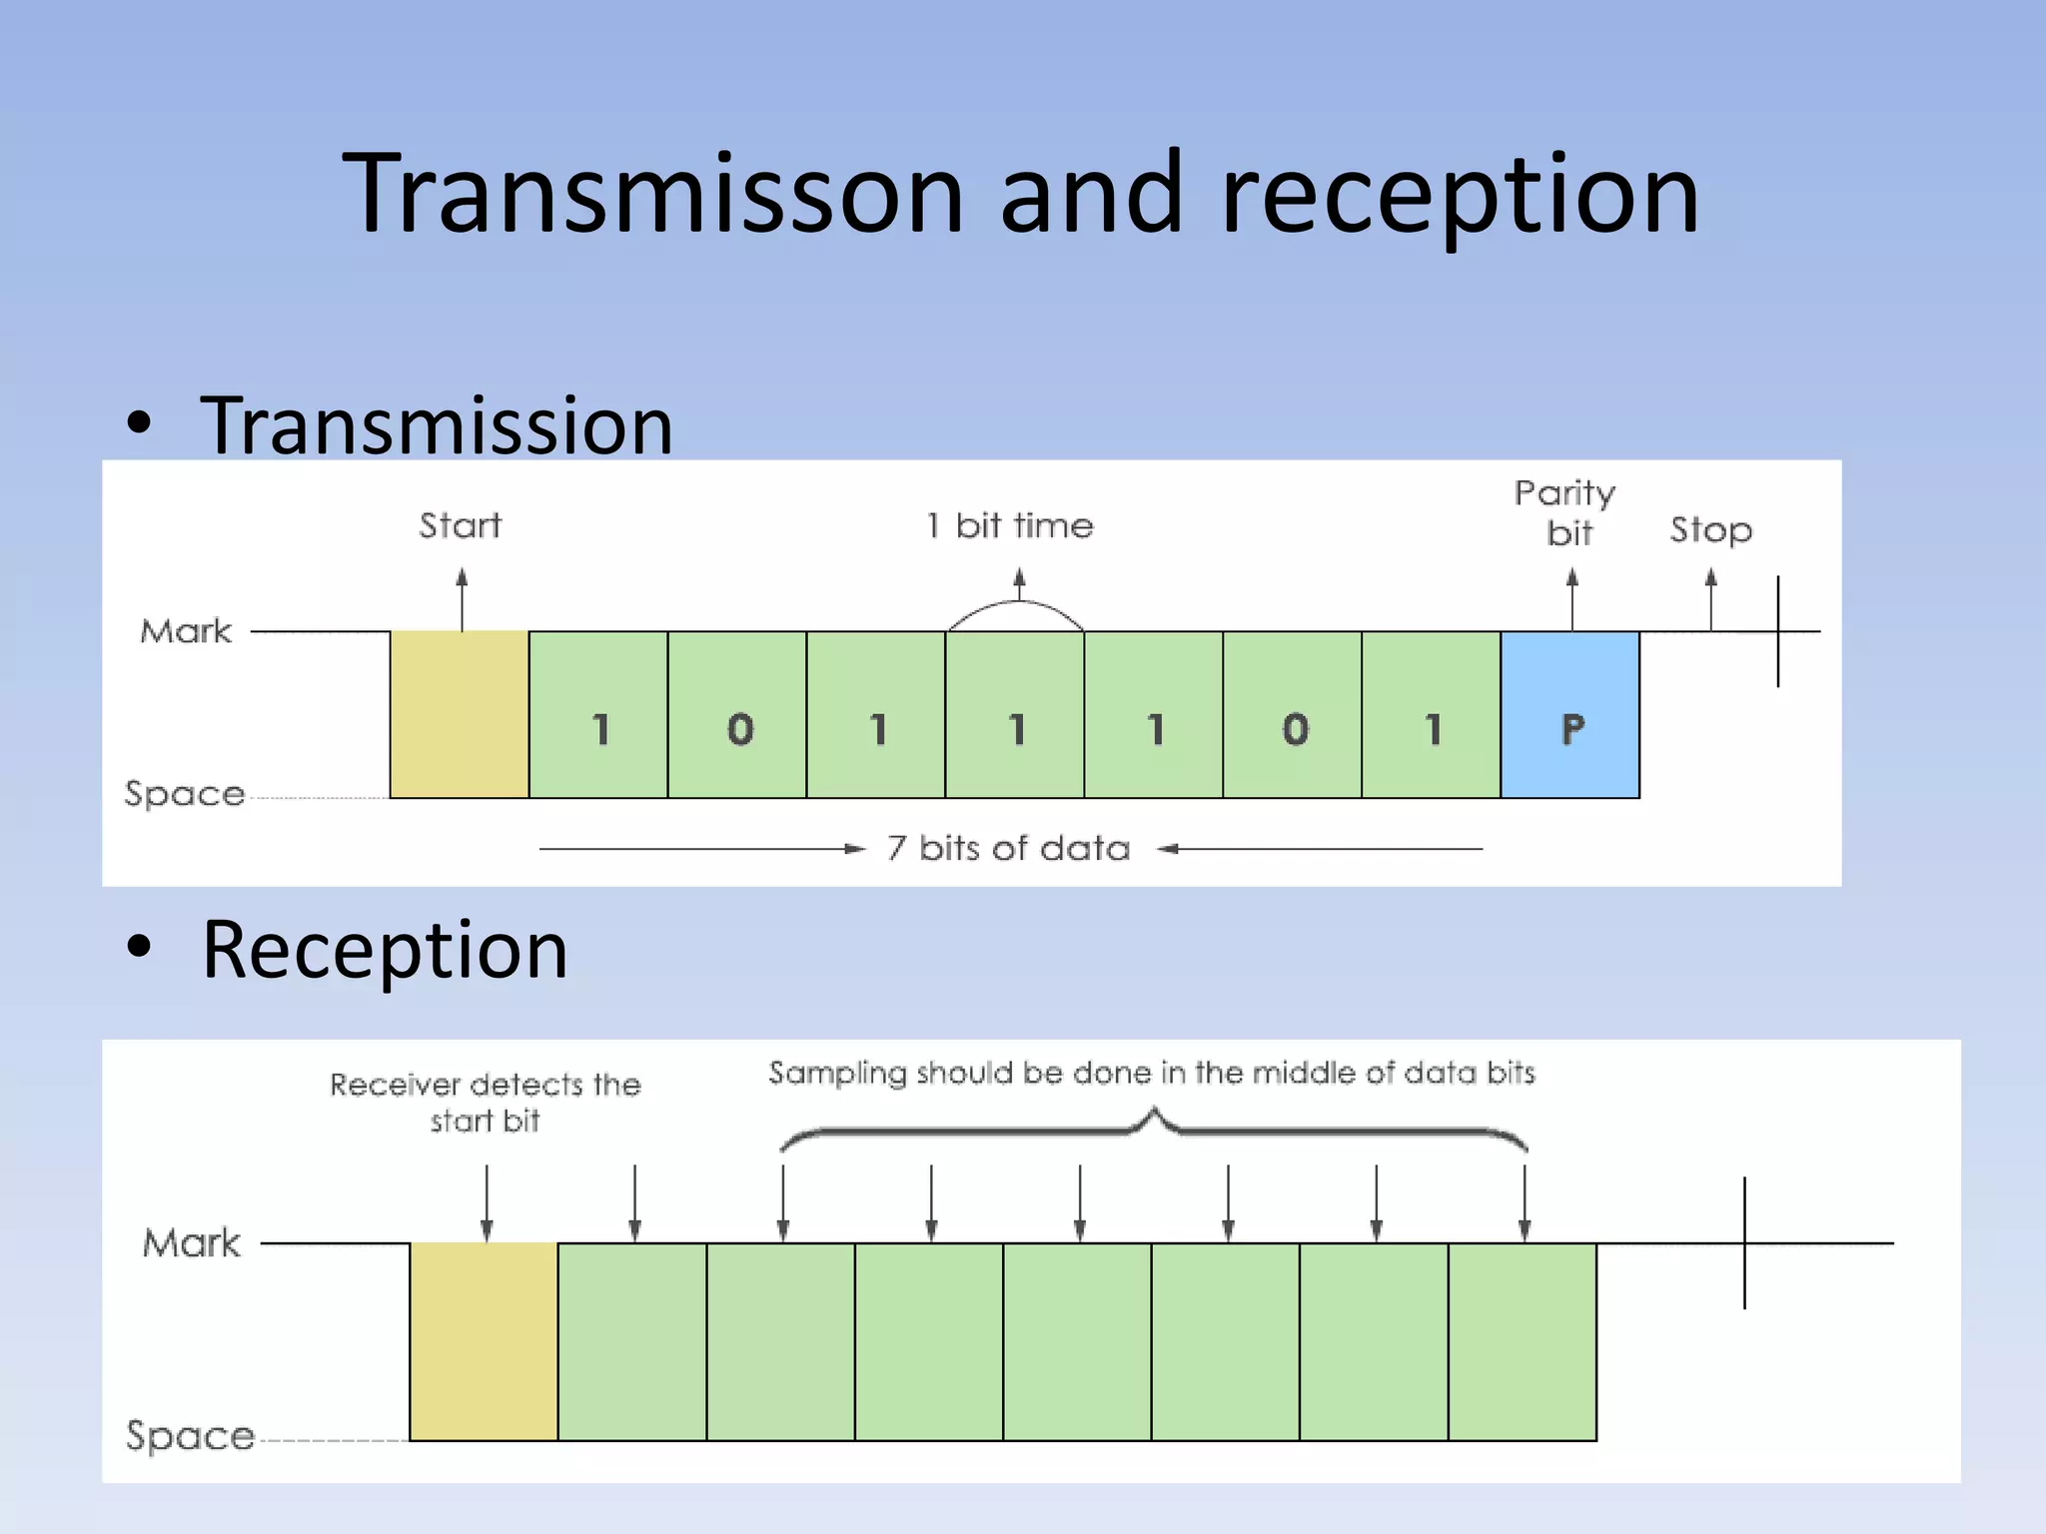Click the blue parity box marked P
1569,714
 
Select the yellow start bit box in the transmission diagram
459,714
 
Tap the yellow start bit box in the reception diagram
484,1340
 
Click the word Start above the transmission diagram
460,525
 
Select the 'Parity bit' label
1565,512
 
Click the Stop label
1710,529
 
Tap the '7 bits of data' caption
1009,848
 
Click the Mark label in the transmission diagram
186,631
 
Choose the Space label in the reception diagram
190,1435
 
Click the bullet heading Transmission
437,425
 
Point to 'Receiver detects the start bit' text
486,1102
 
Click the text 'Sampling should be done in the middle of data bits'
1151,1073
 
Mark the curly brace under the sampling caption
1154,1129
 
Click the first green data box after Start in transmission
598,714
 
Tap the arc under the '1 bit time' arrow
1016,610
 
